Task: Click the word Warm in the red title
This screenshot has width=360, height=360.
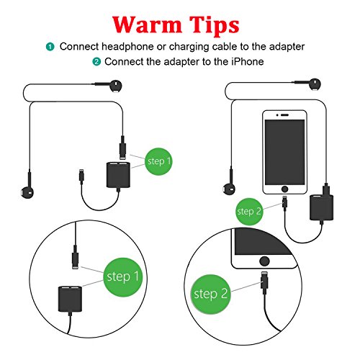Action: pyautogui.click(x=147, y=24)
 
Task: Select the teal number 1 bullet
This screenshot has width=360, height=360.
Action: pyautogui.click(x=50, y=47)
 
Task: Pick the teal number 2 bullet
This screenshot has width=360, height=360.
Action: pyautogui.click(x=96, y=62)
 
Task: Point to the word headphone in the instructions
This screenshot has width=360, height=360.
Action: pyautogui.click(x=127, y=46)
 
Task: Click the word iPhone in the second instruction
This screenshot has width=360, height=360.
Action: pyautogui.click(x=248, y=62)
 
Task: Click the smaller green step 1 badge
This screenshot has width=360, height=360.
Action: pyautogui.click(x=158, y=161)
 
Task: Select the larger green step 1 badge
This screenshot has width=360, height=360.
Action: pyautogui.click(x=123, y=277)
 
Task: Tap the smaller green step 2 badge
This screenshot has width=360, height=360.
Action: pyautogui.click(x=249, y=212)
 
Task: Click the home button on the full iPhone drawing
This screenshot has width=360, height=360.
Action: pyautogui.click(x=284, y=189)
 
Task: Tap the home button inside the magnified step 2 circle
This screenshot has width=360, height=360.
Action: pyautogui.click(x=264, y=261)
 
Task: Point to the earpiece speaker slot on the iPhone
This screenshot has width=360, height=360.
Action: pyautogui.click(x=284, y=115)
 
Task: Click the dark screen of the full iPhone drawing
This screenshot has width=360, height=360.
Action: pyautogui.click(x=284, y=152)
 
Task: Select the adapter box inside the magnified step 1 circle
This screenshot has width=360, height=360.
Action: pyautogui.click(x=70, y=299)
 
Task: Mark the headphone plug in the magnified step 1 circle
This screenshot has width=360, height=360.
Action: pyautogui.click(x=75, y=257)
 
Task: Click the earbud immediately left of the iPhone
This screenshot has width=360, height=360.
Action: pyautogui.click(x=229, y=189)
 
